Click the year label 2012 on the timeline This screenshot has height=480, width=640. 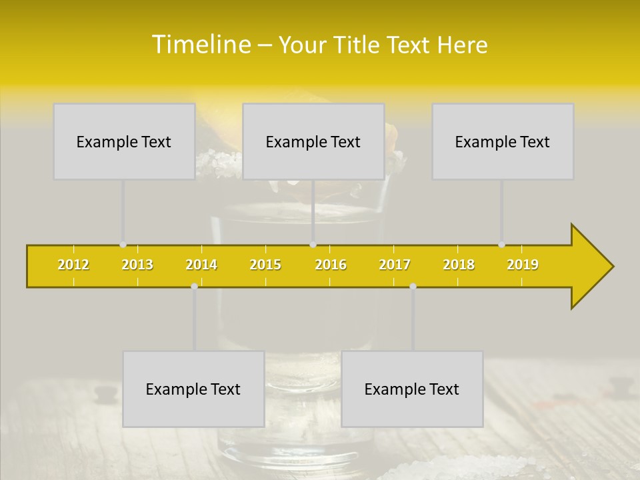tap(73, 265)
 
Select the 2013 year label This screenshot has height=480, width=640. tap(137, 265)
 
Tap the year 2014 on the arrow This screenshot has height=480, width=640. tap(201, 265)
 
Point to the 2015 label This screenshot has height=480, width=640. tap(265, 265)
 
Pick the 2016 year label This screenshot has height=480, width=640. tap(331, 265)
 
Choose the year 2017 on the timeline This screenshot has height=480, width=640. tap(395, 265)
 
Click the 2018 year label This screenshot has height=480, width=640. tap(459, 265)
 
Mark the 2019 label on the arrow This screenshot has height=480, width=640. tap(523, 265)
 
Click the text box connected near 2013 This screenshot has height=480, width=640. tap(124, 141)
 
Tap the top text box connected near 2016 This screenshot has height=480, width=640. tap(313, 141)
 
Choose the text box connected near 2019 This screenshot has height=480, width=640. tap(503, 141)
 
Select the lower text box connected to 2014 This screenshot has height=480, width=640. tap(193, 389)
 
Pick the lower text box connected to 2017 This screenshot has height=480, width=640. tap(412, 389)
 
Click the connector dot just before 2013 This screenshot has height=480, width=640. tap(123, 245)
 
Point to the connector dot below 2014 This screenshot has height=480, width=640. tap(194, 286)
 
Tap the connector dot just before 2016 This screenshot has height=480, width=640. tap(313, 245)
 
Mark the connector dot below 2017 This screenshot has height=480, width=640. tap(413, 286)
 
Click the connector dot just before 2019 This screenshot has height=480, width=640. tap(502, 245)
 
